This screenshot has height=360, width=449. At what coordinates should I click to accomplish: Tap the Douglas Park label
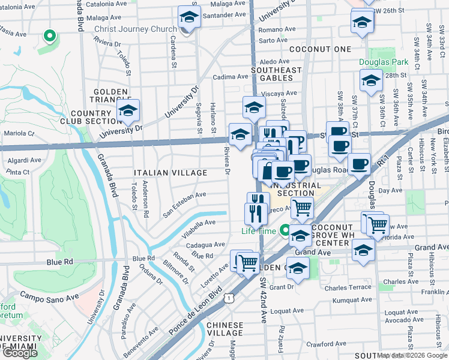(x=383, y=62)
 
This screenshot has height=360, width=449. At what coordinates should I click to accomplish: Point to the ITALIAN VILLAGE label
(x=170, y=173)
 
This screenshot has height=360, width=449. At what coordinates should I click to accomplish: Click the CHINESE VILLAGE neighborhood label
(x=225, y=328)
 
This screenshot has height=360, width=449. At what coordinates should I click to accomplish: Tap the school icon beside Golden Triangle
(x=127, y=110)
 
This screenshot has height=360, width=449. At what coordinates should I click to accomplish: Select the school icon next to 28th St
(x=371, y=80)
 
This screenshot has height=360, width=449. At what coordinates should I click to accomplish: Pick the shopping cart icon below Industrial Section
(x=303, y=207)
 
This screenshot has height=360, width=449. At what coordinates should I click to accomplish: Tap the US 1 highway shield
(x=229, y=298)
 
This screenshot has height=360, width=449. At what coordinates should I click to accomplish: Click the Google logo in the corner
(x=20, y=353)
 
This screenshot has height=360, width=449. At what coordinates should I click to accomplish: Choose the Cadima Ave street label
(x=231, y=77)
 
